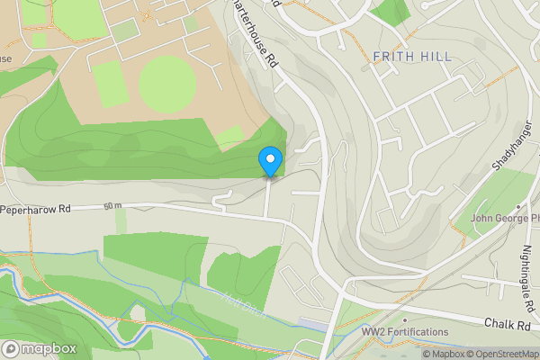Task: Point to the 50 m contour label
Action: coord(112,207)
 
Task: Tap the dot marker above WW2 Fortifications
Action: coord(406,319)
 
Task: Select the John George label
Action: coord(503,218)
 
